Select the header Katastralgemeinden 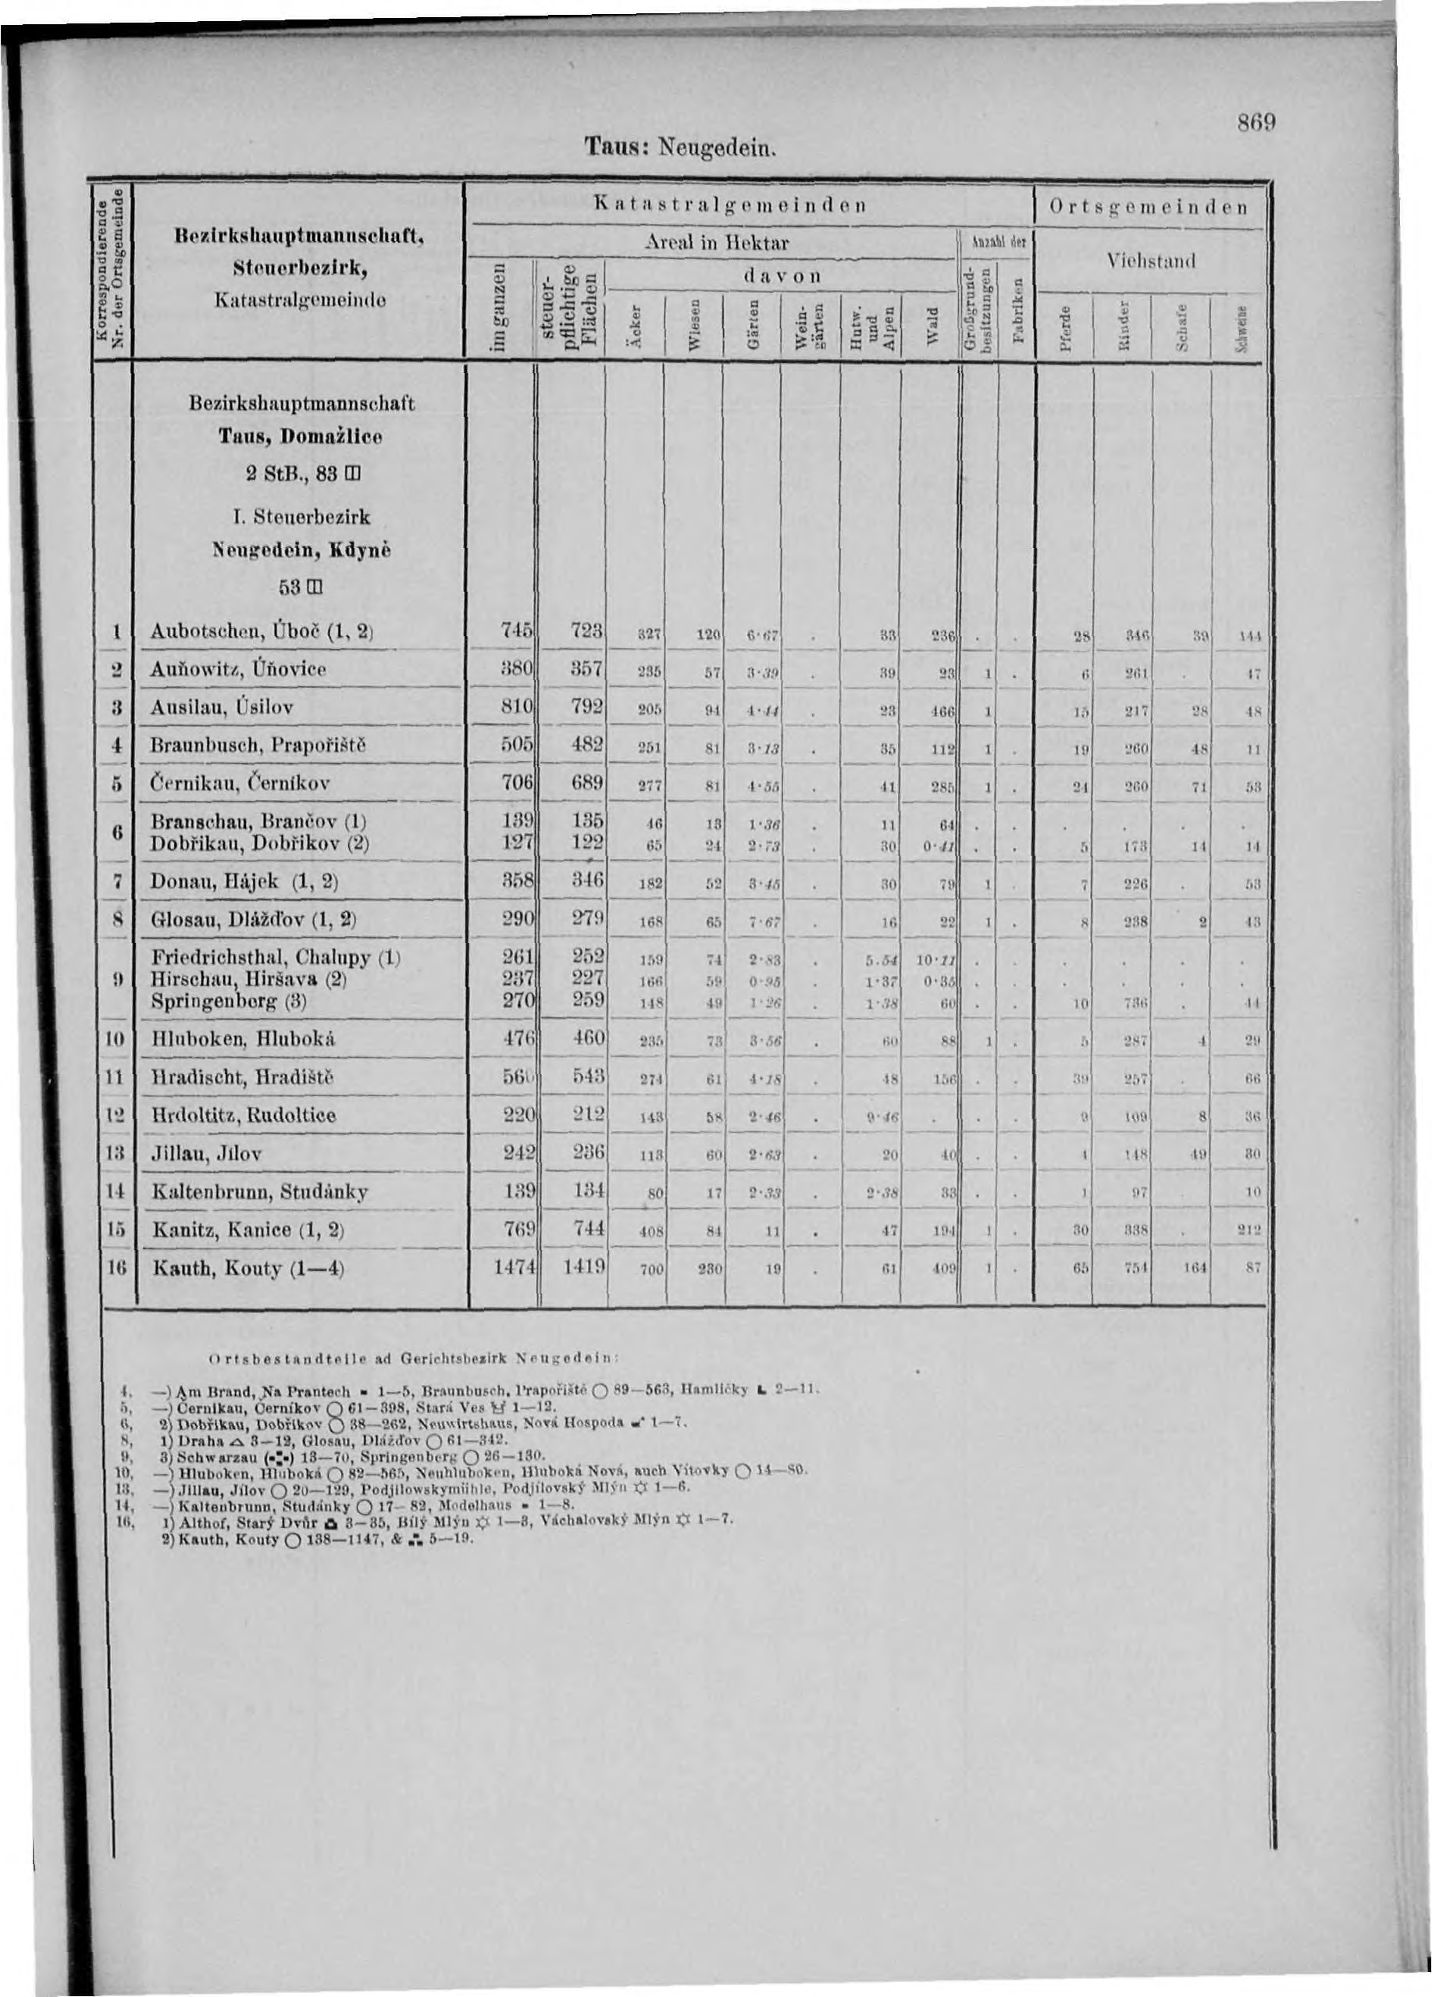click(745, 205)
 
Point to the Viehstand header click(1151, 261)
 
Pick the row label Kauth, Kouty click(235, 1269)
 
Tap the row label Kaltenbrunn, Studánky click(260, 1192)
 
